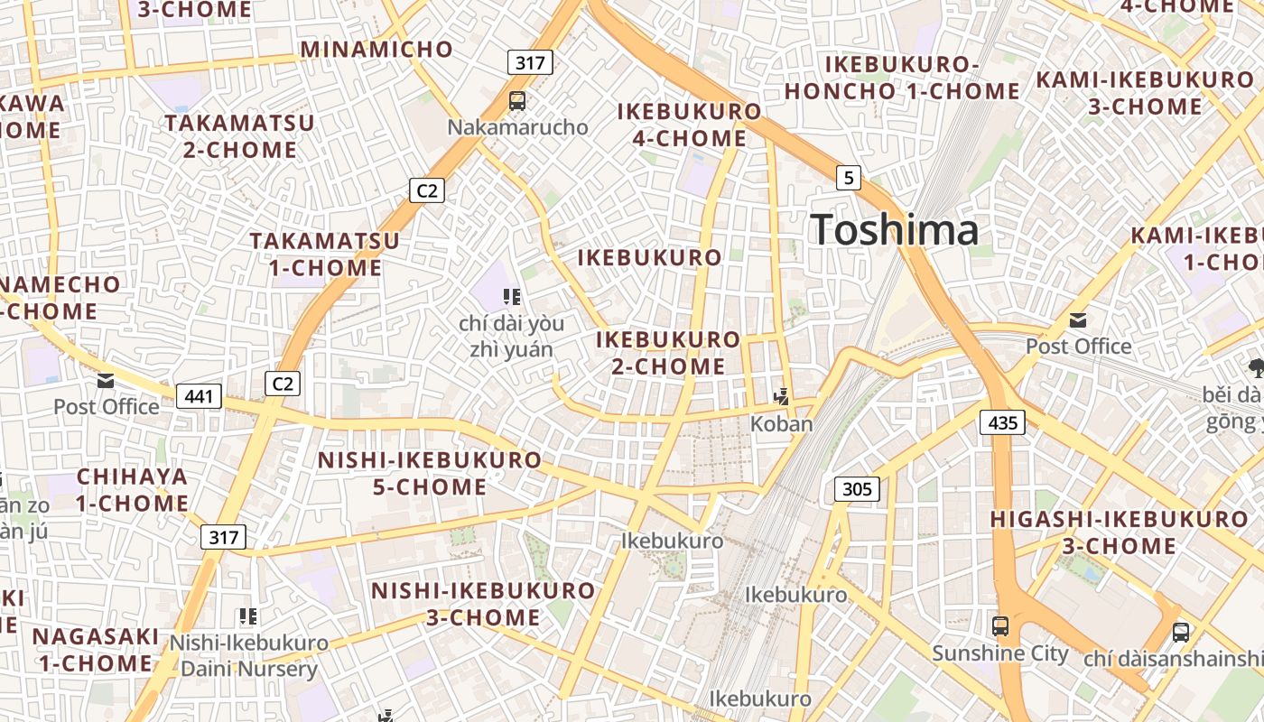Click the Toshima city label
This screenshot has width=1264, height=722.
(894, 229)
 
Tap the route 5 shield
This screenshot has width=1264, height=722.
(848, 178)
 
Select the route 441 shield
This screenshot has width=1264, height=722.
(199, 395)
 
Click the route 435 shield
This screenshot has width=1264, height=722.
(1002, 421)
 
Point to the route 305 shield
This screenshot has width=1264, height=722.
(856, 489)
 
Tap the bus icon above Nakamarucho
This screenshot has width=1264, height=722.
(517, 101)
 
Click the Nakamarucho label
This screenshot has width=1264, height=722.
(517, 127)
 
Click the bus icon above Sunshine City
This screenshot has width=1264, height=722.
(1000, 626)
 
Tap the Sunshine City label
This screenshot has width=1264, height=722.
(1000, 653)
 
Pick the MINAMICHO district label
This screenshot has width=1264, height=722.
(376, 49)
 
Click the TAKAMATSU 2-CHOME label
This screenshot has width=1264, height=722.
(239, 135)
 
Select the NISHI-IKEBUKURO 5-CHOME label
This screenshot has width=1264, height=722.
(430, 473)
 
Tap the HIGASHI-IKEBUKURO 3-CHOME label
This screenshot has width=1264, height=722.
(1119, 532)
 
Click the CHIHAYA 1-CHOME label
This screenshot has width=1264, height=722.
(132, 489)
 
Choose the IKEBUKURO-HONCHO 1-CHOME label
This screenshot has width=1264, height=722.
(902, 78)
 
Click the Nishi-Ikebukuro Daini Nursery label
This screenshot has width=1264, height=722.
(249, 656)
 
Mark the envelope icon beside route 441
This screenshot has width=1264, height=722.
(106, 381)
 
